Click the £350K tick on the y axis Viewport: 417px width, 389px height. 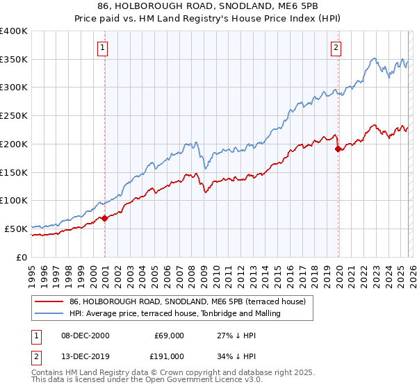pos(13,60)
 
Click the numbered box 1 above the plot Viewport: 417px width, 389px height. pos(102,48)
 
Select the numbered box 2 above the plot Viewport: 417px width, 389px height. pos(336,48)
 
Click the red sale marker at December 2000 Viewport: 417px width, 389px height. pos(104,218)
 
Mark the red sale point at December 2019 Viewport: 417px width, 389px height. pos(338,149)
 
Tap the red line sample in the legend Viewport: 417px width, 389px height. pos(49,301)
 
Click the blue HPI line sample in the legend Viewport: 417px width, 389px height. pos(49,313)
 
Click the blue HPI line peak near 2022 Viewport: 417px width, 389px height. pos(375,59)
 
